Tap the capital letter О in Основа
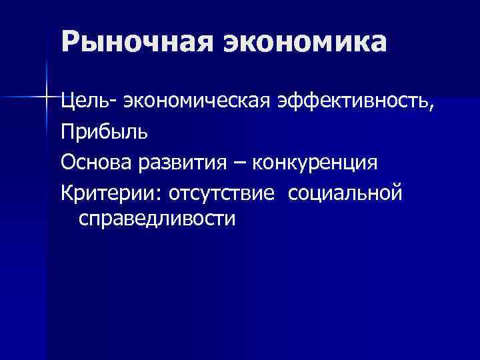pyautogui.click(x=67, y=163)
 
